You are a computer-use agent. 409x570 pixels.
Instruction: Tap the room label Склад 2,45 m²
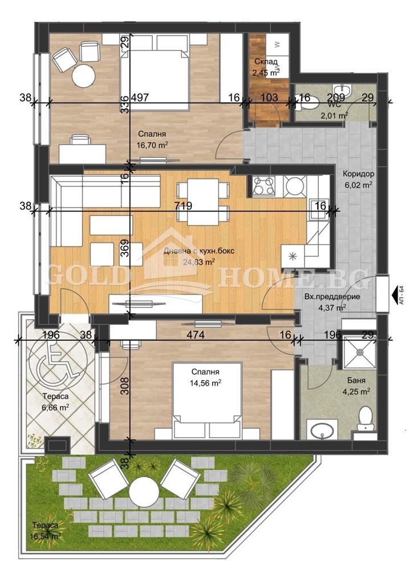(265, 67)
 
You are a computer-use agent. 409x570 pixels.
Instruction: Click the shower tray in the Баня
(359, 353)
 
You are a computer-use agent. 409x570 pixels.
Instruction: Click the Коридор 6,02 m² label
(358, 179)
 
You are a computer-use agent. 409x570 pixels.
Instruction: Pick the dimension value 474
(196, 335)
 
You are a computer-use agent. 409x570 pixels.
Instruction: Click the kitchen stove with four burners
(264, 185)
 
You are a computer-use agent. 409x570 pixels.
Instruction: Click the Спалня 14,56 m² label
(205, 378)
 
